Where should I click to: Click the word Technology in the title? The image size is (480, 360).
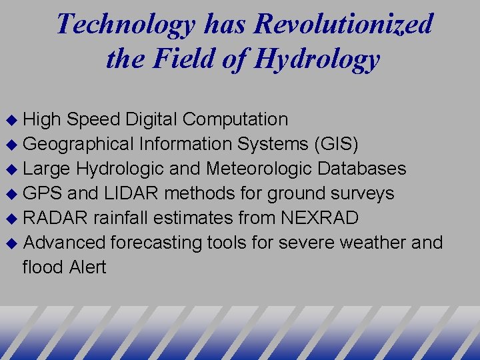[125, 25]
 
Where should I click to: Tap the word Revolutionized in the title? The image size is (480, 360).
[345, 25]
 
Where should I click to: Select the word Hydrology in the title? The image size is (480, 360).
[318, 59]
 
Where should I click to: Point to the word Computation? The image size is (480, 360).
[235, 120]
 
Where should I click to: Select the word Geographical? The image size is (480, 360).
[78, 144]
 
